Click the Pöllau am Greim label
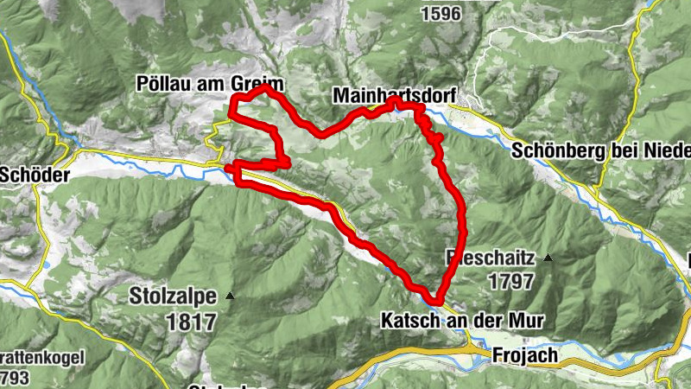(x=210, y=83)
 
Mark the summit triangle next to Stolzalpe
(x=230, y=297)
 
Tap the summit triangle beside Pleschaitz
(x=548, y=258)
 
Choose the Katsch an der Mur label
(x=462, y=321)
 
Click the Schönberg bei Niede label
(x=601, y=149)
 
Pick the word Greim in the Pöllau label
(x=260, y=83)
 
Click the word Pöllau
(x=161, y=83)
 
